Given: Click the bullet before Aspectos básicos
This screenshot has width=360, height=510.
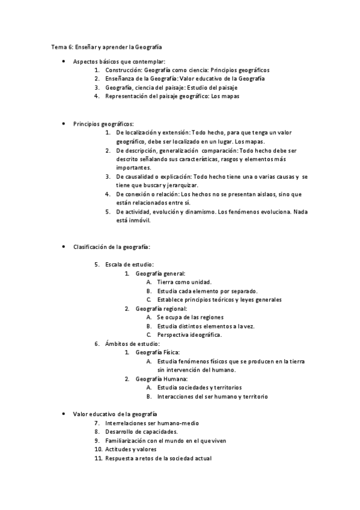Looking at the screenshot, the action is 64,61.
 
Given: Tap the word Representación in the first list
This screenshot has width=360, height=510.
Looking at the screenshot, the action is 125,96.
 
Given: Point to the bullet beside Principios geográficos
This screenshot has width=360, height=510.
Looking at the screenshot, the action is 64,123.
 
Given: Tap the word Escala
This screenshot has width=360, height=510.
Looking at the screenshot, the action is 112,264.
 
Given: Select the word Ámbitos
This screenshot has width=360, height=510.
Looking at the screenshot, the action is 116,343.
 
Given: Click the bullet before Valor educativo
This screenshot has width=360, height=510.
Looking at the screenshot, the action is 64,414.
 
